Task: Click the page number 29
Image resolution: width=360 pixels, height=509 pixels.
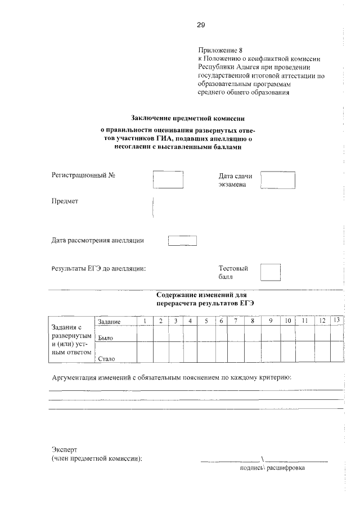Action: (x=201, y=24)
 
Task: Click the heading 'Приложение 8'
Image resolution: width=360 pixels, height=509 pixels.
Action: (x=222, y=51)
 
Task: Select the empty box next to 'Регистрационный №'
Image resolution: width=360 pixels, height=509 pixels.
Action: (x=169, y=179)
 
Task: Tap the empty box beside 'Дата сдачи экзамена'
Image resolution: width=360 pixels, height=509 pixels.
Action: (x=278, y=180)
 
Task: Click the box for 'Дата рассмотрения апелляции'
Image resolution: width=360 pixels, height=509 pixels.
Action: (x=183, y=241)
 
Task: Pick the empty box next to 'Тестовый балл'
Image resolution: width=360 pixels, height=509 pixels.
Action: (x=271, y=272)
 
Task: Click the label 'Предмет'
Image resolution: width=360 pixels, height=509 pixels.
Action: (x=65, y=201)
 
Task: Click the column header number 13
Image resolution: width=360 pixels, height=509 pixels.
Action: (x=336, y=320)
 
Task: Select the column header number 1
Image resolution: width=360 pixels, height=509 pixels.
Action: (x=145, y=321)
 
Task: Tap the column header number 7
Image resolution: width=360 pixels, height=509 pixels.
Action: (x=236, y=321)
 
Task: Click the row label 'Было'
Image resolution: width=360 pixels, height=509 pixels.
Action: (x=106, y=339)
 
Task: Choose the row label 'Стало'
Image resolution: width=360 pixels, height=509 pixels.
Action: (x=106, y=358)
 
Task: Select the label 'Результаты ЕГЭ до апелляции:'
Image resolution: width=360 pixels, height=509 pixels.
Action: (x=99, y=269)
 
